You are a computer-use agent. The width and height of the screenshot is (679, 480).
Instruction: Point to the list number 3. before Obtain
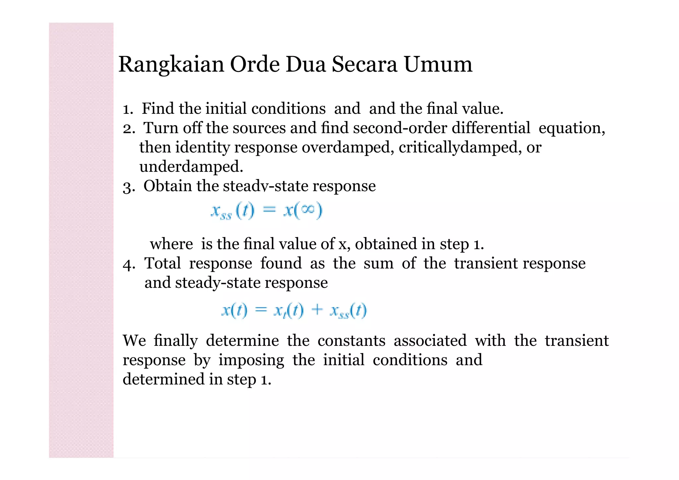(129, 187)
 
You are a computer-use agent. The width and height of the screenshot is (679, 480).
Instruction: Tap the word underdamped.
(191, 166)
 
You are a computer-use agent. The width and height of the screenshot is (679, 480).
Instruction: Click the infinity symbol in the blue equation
(308, 210)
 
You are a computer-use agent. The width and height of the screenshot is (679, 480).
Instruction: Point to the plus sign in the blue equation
(317, 310)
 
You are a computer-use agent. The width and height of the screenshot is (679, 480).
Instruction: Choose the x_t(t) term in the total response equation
(288, 311)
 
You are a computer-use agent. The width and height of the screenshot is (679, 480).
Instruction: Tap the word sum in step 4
(378, 264)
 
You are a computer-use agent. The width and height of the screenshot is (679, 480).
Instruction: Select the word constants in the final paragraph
(351, 341)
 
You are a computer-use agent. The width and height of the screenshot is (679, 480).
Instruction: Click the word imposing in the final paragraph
(251, 360)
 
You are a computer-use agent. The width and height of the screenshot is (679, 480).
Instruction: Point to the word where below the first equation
(171, 244)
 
